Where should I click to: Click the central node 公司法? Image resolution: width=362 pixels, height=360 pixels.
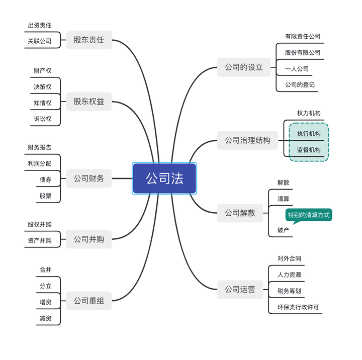pos(164,178)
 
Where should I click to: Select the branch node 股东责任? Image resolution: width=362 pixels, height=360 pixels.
pos(88,40)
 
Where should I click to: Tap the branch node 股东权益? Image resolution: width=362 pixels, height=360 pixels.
pos(88,102)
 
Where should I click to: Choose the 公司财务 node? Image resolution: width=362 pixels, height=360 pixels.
pos(88,178)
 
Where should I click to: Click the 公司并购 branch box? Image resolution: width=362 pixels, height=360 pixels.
pos(88,239)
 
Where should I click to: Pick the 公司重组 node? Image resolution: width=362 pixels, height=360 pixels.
pos(88,301)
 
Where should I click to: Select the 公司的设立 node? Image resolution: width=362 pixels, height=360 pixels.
pos(244,67)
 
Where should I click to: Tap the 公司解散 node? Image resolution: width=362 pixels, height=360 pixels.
pos(240,213)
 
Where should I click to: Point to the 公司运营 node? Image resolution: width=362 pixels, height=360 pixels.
pos(240,289)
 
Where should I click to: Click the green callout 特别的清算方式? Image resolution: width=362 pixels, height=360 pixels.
pos(309,215)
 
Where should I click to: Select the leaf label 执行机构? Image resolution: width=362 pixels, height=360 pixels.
pos(309,134)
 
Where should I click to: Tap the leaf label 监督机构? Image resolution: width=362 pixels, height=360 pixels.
pos(309,150)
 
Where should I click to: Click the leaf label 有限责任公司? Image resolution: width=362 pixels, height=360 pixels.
pos(303,36)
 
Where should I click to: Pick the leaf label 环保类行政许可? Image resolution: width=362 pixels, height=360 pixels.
pos(298,307)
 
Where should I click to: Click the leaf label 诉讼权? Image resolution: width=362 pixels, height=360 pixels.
pos(43,119)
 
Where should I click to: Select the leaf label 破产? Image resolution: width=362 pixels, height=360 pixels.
pos(283,230)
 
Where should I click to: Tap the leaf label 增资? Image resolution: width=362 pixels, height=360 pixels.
pos(45,302)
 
